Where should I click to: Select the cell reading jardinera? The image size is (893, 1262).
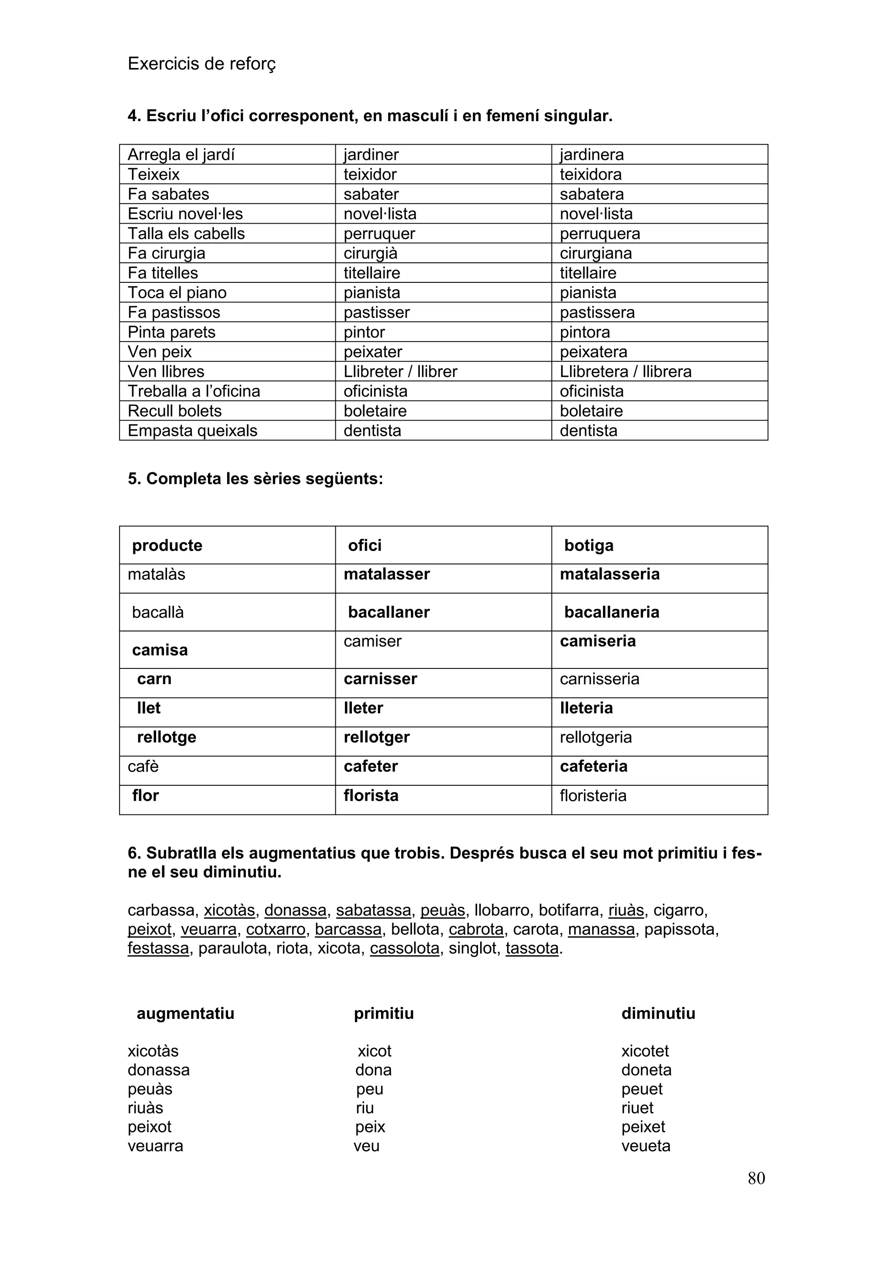[592, 154]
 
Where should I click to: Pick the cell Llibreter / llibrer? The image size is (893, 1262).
[400, 372]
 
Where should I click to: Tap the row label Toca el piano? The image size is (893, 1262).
[177, 292]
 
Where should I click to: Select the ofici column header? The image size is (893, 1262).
[365, 545]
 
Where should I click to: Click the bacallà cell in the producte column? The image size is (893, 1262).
[158, 612]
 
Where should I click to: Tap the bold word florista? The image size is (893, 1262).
[371, 795]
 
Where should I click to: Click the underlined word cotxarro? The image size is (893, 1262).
[276, 930]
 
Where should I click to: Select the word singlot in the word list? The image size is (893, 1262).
[472, 948]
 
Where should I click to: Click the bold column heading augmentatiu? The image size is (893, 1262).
[185, 1014]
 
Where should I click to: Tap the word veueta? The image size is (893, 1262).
[646, 1146]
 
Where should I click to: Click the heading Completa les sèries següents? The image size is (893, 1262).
[256, 479]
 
